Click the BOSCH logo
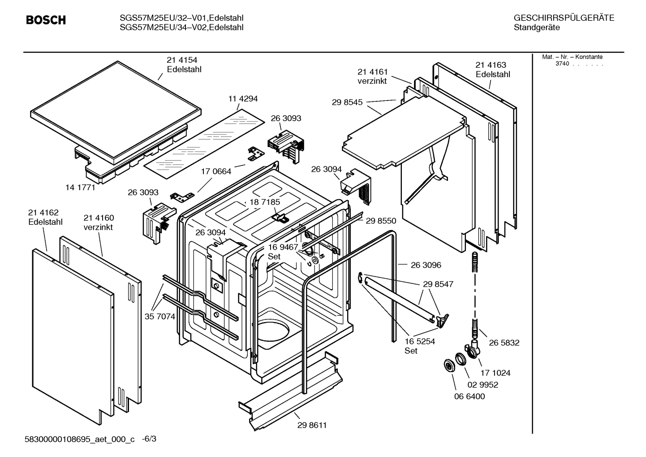pyautogui.click(x=46, y=20)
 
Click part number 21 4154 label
pyautogui.click(x=182, y=60)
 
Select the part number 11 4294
pyautogui.click(x=243, y=99)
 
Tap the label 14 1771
pyautogui.click(x=80, y=187)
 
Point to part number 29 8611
pyautogui.click(x=312, y=425)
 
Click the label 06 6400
pyautogui.click(x=469, y=396)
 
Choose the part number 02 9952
pyautogui.click(x=483, y=385)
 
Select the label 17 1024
pyautogui.click(x=495, y=373)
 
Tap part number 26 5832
pyautogui.click(x=504, y=343)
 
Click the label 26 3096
pyautogui.click(x=426, y=265)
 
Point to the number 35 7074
pyautogui.click(x=159, y=317)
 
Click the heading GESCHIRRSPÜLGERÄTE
pyautogui.click(x=564, y=18)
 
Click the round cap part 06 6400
pyautogui.click(x=448, y=366)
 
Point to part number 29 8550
pyautogui.click(x=381, y=221)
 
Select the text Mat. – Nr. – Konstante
pyautogui.click(x=572, y=57)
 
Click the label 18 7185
pyautogui.click(x=265, y=202)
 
